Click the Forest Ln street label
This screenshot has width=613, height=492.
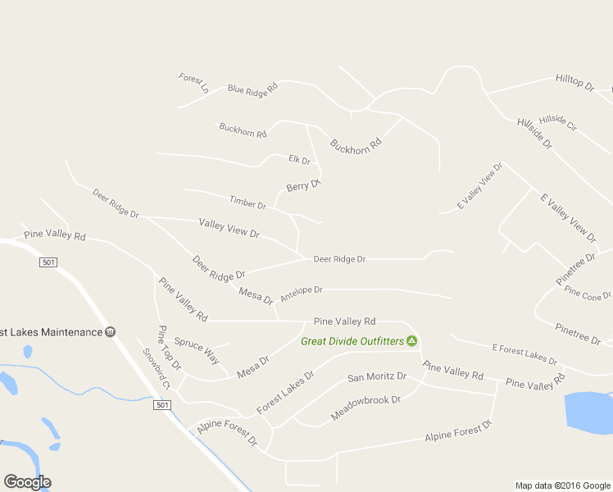point(193,82)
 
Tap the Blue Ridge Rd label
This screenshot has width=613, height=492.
point(253,89)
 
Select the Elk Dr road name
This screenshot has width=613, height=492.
point(300,160)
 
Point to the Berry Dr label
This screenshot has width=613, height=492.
point(303,186)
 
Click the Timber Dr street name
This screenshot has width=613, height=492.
point(247,202)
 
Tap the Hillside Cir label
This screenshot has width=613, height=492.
point(558,122)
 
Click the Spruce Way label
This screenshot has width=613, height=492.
point(197,351)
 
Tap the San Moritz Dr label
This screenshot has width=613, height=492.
point(377,377)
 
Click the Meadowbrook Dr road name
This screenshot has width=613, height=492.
point(366,408)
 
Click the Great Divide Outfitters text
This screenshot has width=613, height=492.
point(352,341)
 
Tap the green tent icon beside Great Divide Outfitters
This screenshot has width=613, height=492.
point(412,341)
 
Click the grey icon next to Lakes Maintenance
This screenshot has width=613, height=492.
point(111,332)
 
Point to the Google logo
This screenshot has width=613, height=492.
point(27,481)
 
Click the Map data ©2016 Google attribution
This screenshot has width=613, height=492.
point(562,485)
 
